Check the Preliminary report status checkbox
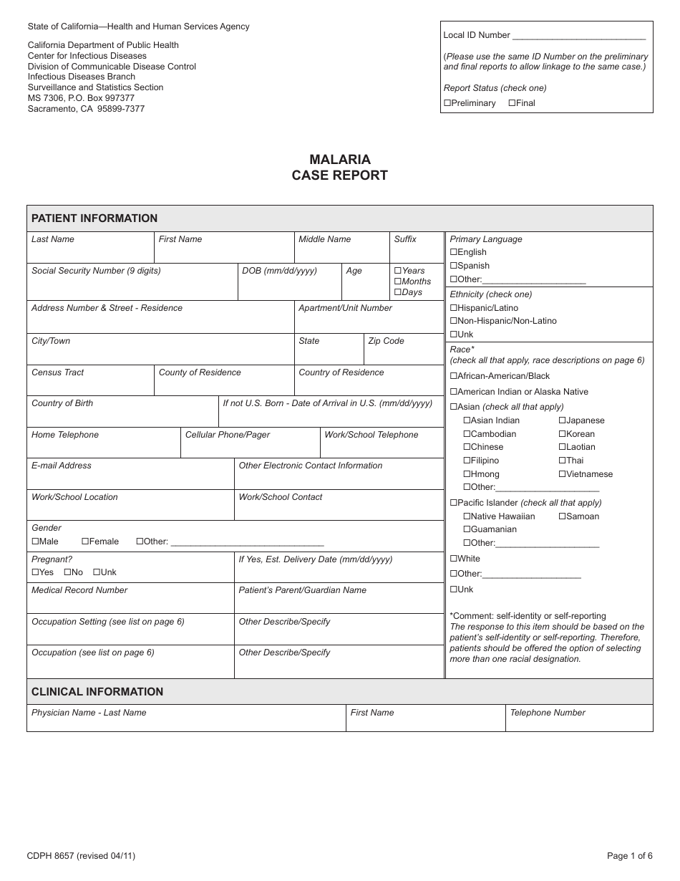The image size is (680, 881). point(447,103)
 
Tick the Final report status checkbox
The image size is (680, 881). point(512,103)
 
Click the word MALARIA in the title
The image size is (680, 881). point(340,160)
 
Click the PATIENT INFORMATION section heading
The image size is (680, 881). point(94,218)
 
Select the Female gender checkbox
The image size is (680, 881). point(85,541)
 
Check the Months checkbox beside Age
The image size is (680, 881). point(398,281)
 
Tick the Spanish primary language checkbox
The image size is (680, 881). point(454,266)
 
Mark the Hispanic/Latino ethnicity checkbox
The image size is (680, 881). point(454,308)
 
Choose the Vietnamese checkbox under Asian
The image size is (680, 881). point(563,474)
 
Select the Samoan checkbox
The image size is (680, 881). point(563,516)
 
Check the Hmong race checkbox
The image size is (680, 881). point(467,474)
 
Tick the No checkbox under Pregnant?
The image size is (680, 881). point(68,572)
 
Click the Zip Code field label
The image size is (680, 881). point(386,341)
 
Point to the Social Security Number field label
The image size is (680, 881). point(96,271)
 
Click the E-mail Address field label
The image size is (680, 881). point(62,466)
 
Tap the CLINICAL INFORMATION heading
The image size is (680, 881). point(97,692)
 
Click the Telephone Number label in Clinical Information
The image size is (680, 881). point(548,713)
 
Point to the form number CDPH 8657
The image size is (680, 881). point(52,855)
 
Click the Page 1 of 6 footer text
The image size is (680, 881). point(629,855)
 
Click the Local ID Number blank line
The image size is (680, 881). point(579,36)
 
